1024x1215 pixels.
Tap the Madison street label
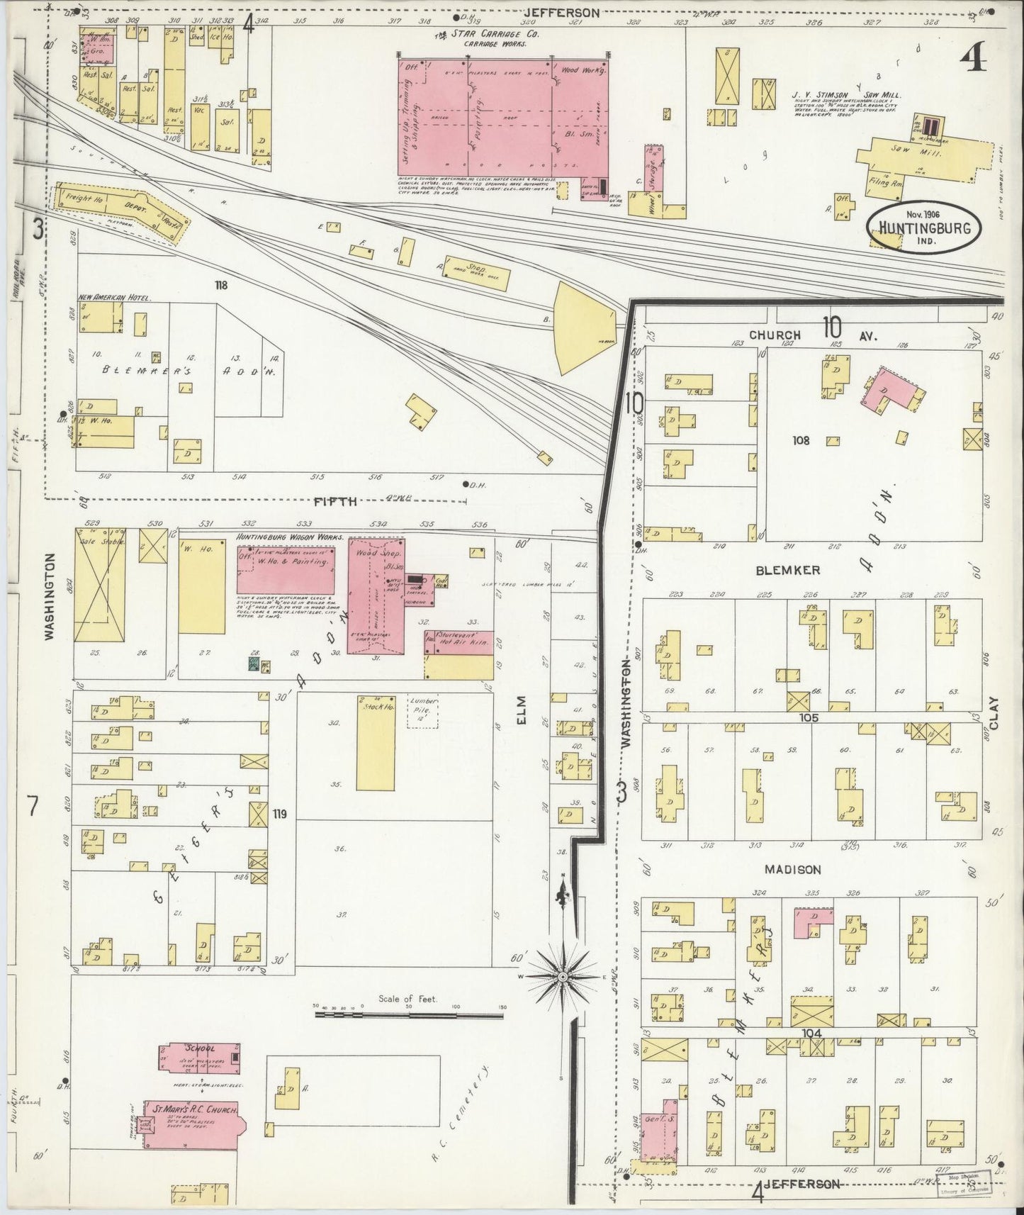[792, 870]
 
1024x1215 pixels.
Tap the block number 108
[801, 440]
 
